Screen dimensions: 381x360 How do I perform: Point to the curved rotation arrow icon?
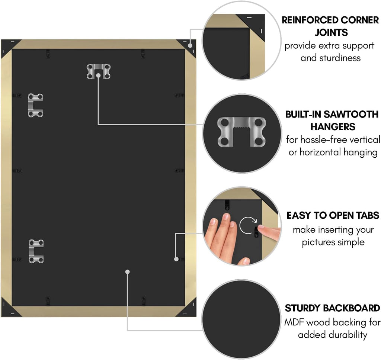248,225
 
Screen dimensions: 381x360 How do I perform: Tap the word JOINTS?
331,32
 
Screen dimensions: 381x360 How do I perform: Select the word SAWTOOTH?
351,114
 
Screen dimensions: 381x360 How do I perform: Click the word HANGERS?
333,127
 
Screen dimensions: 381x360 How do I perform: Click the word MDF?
294,322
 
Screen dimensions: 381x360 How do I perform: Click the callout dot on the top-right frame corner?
190,45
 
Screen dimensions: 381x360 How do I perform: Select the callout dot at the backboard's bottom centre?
127,271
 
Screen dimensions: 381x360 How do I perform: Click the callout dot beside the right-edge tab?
176,259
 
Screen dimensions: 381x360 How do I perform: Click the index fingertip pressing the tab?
261,227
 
